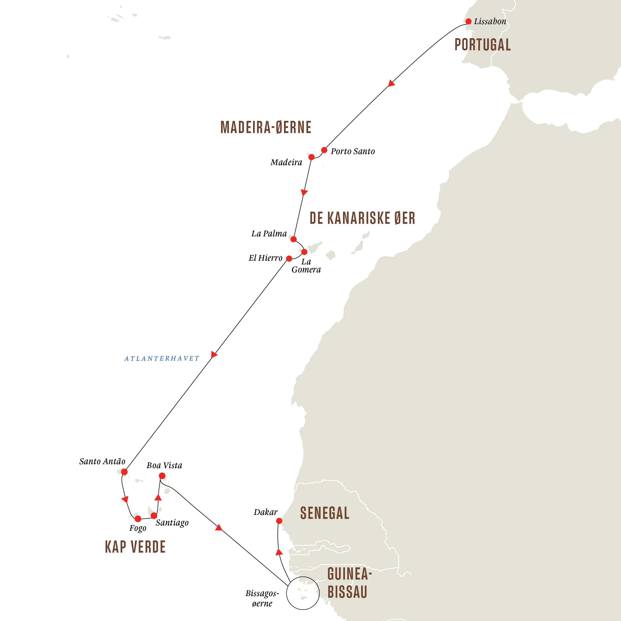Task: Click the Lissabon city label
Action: (490, 22)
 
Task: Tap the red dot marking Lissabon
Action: (469, 22)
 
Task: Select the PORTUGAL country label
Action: (483, 44)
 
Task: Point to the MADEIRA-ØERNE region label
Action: (266, 127)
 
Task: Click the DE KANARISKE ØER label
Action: (362, 218)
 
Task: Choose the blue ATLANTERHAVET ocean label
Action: (161, 358)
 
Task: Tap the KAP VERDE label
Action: (135, 547)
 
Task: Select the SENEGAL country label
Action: (325, 513)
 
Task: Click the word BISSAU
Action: (348, 592)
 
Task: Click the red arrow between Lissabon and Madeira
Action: (391, 83)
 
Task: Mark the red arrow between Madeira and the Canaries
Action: (304, 192)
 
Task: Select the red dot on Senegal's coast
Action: (279, 521)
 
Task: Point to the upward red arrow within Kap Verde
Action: (158, 498)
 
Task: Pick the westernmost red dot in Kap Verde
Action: (124, 472)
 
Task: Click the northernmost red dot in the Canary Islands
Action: (293, 239)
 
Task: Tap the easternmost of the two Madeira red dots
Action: (324, 150)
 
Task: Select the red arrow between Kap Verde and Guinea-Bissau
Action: (218, 527)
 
